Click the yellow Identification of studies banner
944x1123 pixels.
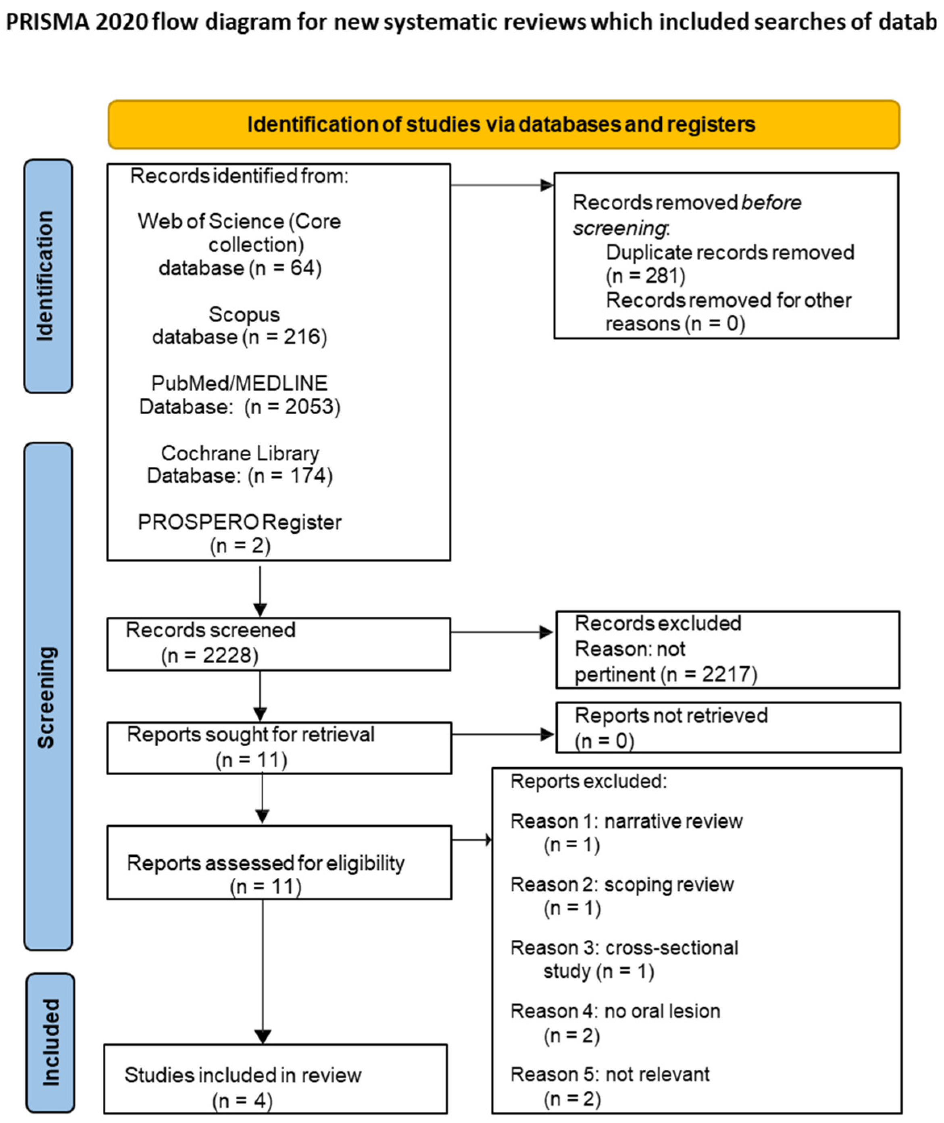click(503, 124)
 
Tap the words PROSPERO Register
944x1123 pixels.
click(239, 522)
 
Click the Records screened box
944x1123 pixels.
click(278, 643)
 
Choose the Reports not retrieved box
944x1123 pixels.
click(728, 728)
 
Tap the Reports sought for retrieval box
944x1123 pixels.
click(278, 747)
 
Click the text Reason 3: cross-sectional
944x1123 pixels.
click(624, 948)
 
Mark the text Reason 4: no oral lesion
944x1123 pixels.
click(615, 1011)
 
